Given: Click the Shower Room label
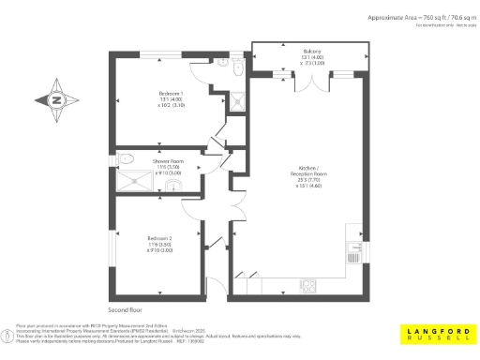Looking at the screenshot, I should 168,160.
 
